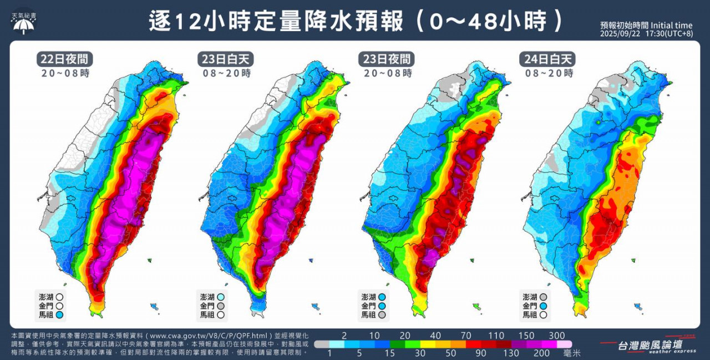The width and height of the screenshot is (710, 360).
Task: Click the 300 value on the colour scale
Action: click(x=556, y=336)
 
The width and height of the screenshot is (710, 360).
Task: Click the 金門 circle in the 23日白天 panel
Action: click(x=221, y=306)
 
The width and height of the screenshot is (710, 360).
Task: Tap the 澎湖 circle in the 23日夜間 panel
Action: click(x=382, y=297)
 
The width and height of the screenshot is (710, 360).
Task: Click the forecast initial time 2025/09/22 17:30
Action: click(x=646, y=34)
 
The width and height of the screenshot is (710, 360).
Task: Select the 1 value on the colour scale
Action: click(x=329, y=352)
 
